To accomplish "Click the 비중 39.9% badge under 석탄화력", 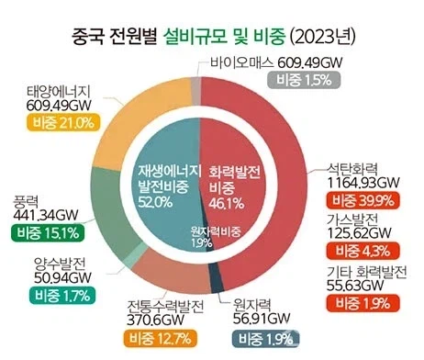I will click(x=368, y=199).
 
